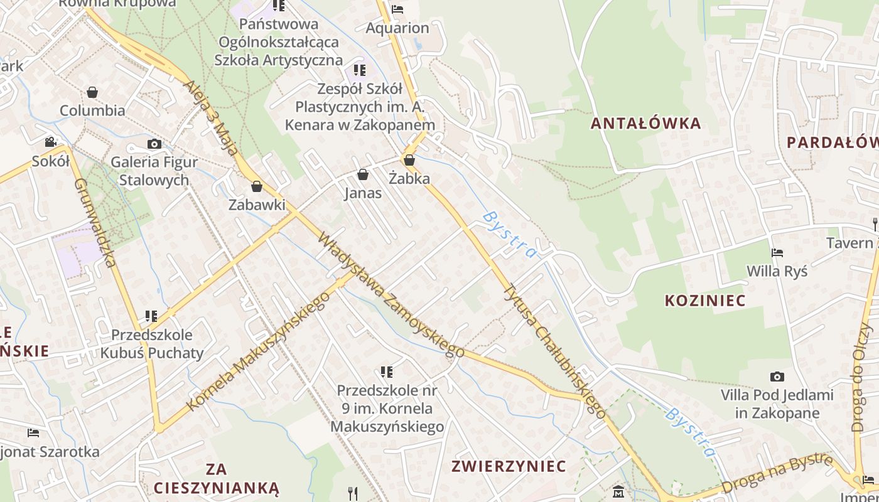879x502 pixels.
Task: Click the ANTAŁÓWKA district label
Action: [x=645, y=123]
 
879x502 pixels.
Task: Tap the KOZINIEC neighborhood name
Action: [x=705, y=301]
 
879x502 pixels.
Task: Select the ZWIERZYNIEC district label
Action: [x=509, y=466]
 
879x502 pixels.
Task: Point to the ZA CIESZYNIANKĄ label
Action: [x=216, y=478]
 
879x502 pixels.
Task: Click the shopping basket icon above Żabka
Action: [x=409, y=161]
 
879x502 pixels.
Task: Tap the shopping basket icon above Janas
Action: [x=363, y=174]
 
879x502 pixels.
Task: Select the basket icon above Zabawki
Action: [x=256, y=186]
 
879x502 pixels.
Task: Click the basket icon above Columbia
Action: [x=92, y=93]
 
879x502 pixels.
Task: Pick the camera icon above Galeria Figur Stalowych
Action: [x=154, y=144]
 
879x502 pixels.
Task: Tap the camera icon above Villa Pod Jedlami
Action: [x=777, y=377]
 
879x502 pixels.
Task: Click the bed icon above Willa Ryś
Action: [x=777, y=253]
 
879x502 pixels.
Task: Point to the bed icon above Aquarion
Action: [x=397, y=9]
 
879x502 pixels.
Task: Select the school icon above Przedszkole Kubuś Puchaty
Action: [x=151, y=316]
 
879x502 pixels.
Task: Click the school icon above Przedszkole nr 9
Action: [x=387, y=372]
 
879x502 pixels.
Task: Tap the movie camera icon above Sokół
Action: [x=51, y=142]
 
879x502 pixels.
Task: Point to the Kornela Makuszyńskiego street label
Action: [x=258, y=352]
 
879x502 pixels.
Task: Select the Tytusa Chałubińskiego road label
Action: [x=556, y=351]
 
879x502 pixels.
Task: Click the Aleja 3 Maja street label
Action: [x=211, y=117]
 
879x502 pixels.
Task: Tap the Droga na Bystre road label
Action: [x=777, y=474]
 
